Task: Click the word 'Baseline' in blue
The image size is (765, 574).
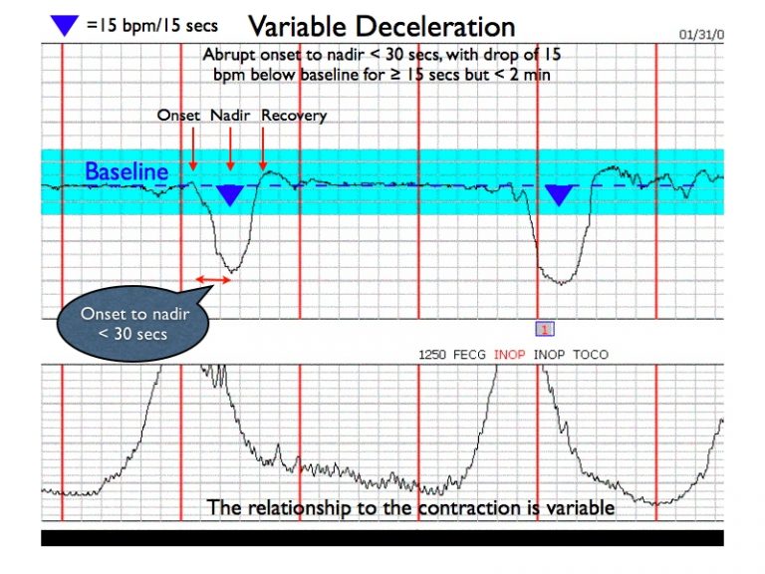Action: pos(126,171)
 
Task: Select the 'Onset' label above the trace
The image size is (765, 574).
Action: pos(178,116)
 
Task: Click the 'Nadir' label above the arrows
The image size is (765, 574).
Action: pos(229,116)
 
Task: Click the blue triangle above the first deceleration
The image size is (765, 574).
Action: pos(230,194)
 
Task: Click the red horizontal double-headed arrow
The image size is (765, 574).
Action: pos(212,280)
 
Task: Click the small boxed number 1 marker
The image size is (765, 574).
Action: pos(545,329)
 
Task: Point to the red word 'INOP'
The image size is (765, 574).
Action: pos(511,355)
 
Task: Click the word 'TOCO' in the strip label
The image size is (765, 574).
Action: pos(590,355)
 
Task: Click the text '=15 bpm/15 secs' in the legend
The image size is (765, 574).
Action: pos(151,24)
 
